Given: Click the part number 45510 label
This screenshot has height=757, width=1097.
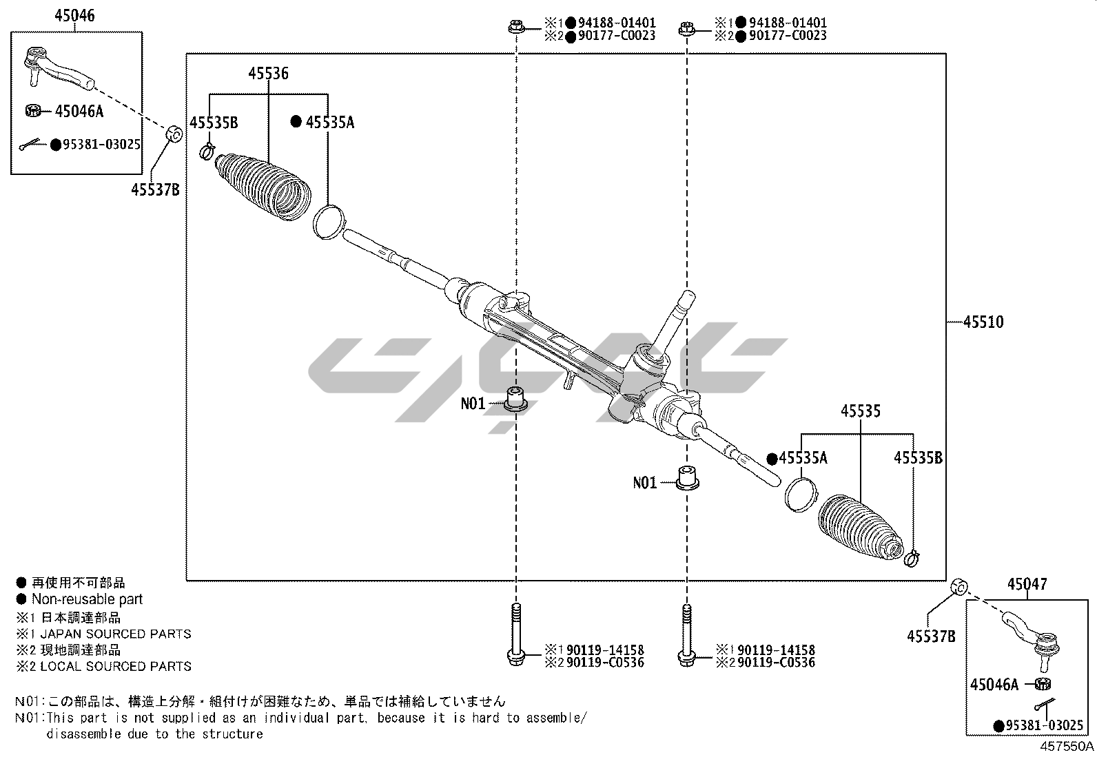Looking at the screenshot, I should [x=983, y=322].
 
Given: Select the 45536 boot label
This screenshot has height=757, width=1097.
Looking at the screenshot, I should [x=268, y=74].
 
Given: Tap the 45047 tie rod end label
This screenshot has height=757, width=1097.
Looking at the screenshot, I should [x=1027, y=585].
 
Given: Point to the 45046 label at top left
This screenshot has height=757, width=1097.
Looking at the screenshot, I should [x=75, y=16].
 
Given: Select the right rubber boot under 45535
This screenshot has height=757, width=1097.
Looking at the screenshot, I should [x=859, y=527].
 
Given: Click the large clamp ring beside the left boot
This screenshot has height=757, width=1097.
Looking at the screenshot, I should [x=328, y=220].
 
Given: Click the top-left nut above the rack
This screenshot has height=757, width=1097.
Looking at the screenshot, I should [x=515, y=28].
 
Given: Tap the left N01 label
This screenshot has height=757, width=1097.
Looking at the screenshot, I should [x=473, y=404].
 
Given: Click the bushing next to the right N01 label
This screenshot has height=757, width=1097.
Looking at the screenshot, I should [x=686, y=477].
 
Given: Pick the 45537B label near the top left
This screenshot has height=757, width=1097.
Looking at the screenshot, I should [x=155, y=189].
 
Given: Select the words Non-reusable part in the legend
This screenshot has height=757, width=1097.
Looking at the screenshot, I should [x=87, y=599].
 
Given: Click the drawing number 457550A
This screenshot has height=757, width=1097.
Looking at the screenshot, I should [x=1067, y=746].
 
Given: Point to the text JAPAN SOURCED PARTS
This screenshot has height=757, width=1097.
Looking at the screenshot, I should [x=115, y=634].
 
